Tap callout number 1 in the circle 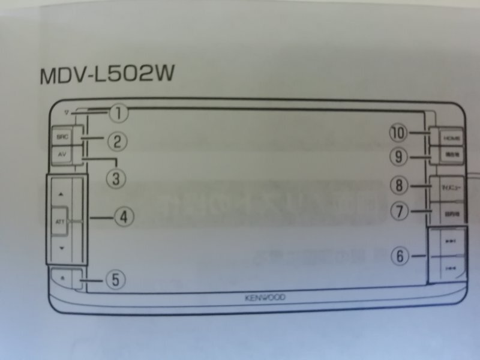pyautogui.click(x=119, y=112)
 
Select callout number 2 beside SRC pyautogui.click(x=118, y=142)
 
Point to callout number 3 pyautogui.click(x=116, y=177)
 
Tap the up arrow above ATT pyautogui.click(x=61, y=195)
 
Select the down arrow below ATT pyautogui.click(x=61, y=248)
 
